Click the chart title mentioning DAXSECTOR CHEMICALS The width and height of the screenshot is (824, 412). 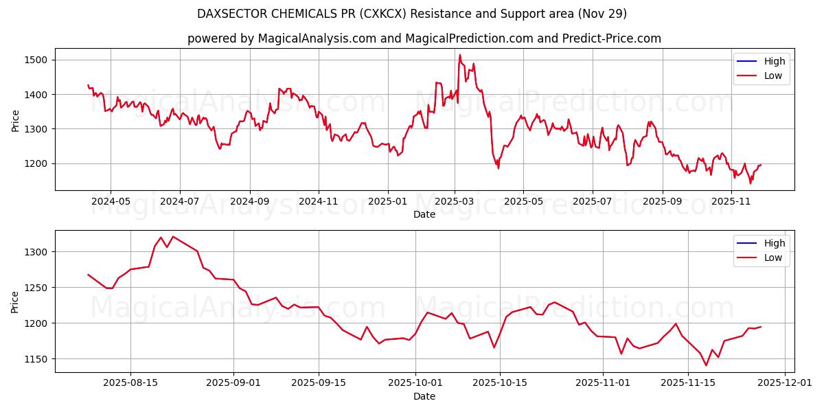[x=411, y=14]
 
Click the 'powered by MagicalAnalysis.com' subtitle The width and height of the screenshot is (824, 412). [x=424, y=38]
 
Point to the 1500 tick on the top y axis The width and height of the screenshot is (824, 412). [x=35, y=60]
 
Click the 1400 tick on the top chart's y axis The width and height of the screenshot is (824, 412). [x=35, y=95]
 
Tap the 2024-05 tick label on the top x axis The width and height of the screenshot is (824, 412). [x=111, y=202]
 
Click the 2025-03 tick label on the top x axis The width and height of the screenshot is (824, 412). [x=454, y=202]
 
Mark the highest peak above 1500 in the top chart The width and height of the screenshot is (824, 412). [x=460, y=55]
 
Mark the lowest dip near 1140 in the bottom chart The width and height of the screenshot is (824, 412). [x=706, y=365]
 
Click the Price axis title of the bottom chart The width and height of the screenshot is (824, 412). [x=15, y=301]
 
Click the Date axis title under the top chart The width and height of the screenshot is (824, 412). [x=424, y=214]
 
